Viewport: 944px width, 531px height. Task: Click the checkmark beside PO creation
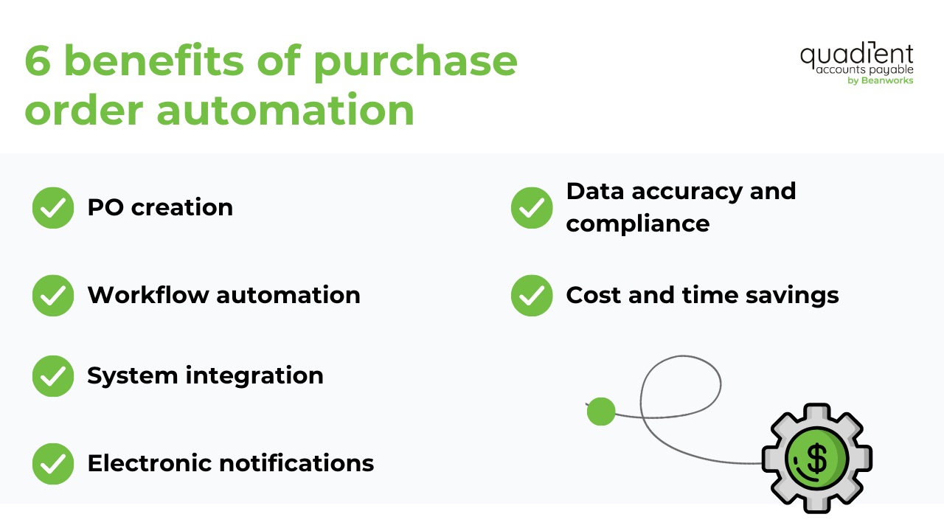coord(53,207)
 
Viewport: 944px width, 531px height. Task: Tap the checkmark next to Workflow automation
coord(53,295)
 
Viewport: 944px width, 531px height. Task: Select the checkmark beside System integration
coord(53,375)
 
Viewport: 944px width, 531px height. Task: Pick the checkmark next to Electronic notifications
coord(53,463)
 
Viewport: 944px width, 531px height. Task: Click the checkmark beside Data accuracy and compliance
coord(532,207)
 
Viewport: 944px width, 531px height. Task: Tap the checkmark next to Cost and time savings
coord(532,295)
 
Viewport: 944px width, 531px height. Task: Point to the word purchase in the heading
coord(414,63)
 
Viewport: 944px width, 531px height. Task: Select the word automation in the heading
coord(285,110)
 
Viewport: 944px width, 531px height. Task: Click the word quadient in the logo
coord(856,55)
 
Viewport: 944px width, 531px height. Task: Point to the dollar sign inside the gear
coord(816,458)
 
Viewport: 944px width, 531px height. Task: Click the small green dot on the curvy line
coord(601,412)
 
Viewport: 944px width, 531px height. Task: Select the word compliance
coord(637,223)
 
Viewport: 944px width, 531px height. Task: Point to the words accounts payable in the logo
coord(864,70)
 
